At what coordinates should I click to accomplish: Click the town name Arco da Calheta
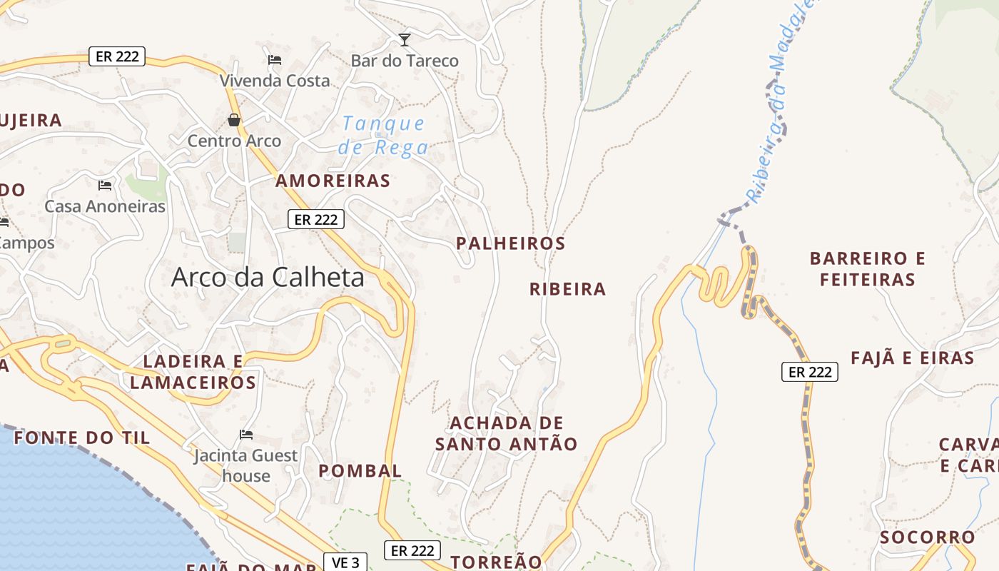(x=268, y=278)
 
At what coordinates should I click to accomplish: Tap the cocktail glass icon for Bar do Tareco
(x=405, y=39)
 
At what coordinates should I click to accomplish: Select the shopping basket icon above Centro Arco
(x=234, y=119)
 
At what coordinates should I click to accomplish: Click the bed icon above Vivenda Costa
(x=275, y=59)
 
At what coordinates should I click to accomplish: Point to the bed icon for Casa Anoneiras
(x=105, y=186)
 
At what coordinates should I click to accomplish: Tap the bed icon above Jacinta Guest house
(x=246, y=434)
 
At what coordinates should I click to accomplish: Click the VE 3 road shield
(x=345, y=562)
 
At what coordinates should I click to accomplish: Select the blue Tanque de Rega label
(x=383, y=136)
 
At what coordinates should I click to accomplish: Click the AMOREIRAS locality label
(x=333, y=181)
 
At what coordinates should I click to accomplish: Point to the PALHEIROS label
(x=511, y=243)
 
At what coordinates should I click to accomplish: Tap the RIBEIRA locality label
(x=568, y=289)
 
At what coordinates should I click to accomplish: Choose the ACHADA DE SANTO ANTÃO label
(x=507, y=433)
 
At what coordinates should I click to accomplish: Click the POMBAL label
(x=360, y=471)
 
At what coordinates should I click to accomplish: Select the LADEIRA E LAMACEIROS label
(x=193, y=372)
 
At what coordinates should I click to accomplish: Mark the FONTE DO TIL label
(x=82, y=438)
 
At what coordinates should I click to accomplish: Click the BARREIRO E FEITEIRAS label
(x=868, y=268)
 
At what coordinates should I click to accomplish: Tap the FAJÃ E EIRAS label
(x=913, y=358)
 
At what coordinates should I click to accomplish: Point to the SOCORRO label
(x=928, y=537)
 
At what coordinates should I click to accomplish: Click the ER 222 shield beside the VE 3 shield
(x=412, y=551)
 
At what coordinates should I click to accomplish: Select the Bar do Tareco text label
(x=405, y=61)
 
